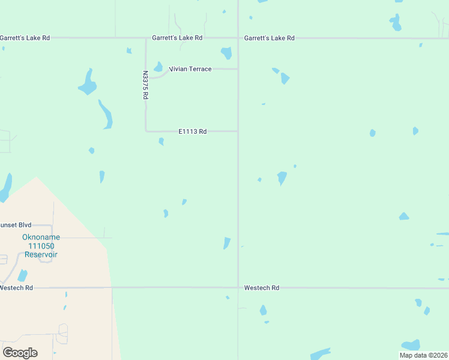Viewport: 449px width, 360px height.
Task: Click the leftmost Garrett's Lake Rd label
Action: tap(25, 38)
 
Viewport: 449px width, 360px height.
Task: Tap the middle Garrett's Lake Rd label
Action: tap(177, 38)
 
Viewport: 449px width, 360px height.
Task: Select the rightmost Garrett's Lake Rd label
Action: tap(269, 38)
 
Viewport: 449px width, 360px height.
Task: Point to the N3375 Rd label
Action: tap(145, 85)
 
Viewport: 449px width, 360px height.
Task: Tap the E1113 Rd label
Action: tap(192, 131)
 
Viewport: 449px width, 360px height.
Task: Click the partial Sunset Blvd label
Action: tap(16, 225)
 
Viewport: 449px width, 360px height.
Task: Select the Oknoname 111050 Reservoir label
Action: tap(41, 245)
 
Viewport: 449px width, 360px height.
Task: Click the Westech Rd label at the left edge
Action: tap(16, 288)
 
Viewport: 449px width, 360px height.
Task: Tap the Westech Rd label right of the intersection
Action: tap(261, 288)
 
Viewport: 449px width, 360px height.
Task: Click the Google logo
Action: tap(20, 352)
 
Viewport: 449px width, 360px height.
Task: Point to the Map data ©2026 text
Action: tap(423, 355)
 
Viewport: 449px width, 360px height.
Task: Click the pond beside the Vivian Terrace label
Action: tap(158, 67)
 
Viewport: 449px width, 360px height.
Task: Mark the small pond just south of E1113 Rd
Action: tap(161, 142)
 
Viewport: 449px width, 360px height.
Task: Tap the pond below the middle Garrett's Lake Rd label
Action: tap(226, 53)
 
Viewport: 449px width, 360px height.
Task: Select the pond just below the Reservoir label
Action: tap(22, 275)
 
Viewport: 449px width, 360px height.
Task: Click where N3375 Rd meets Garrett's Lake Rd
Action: tap(146, 38)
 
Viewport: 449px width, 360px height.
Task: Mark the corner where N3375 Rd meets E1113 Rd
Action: tap(146, 131)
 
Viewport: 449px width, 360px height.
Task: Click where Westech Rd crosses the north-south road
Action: tap(238, 287)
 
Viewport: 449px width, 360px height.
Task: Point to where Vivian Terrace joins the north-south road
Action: tap(238, 69)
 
